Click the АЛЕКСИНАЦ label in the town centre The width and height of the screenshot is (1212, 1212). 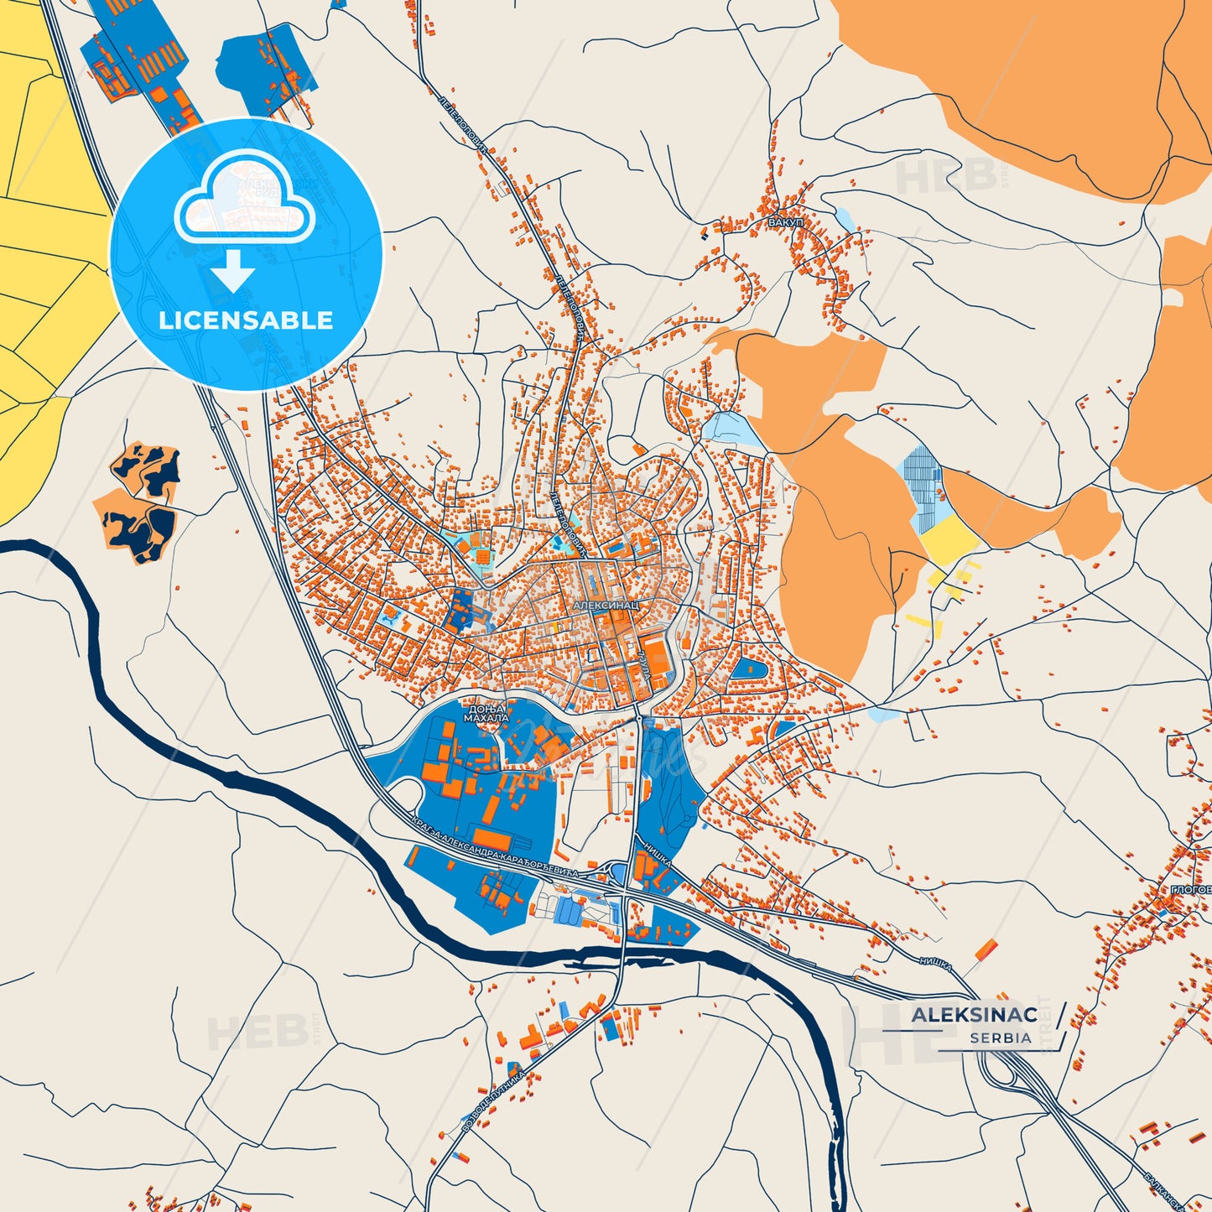(x=606, y=604)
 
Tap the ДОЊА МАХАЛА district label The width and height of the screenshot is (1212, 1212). (x=486, y=713)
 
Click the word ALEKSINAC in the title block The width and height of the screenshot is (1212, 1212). (x=974, y=1015)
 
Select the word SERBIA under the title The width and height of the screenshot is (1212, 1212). (x=1001, y=1038)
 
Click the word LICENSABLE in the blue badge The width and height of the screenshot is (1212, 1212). (x=246, y=320)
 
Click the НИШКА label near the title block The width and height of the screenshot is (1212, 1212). (x=934, y=965)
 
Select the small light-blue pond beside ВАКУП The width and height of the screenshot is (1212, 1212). (x=844, y=220)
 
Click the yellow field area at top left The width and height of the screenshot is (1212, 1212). (x=42, y=252)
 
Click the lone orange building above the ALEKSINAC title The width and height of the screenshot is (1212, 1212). (x=986, y=951)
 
